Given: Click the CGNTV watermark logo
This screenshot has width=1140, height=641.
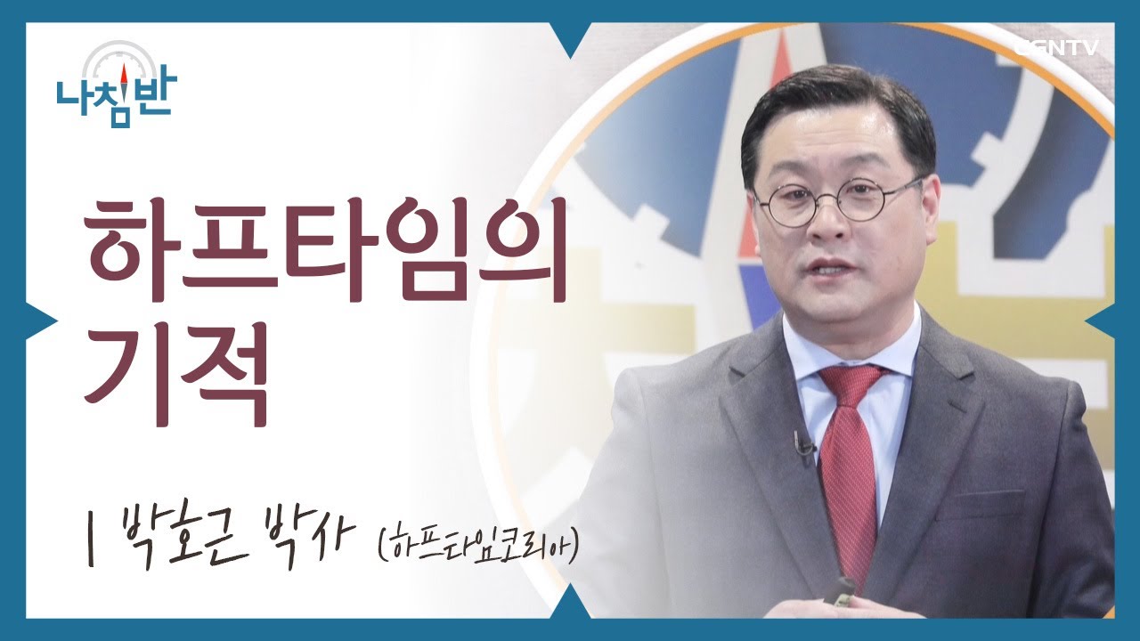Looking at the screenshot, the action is click(x=1055, y=48).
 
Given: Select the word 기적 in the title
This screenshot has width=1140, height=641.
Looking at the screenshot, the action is click(x=175, y=373).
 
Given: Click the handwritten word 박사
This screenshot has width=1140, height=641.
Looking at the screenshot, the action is click(x=303, y=542).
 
